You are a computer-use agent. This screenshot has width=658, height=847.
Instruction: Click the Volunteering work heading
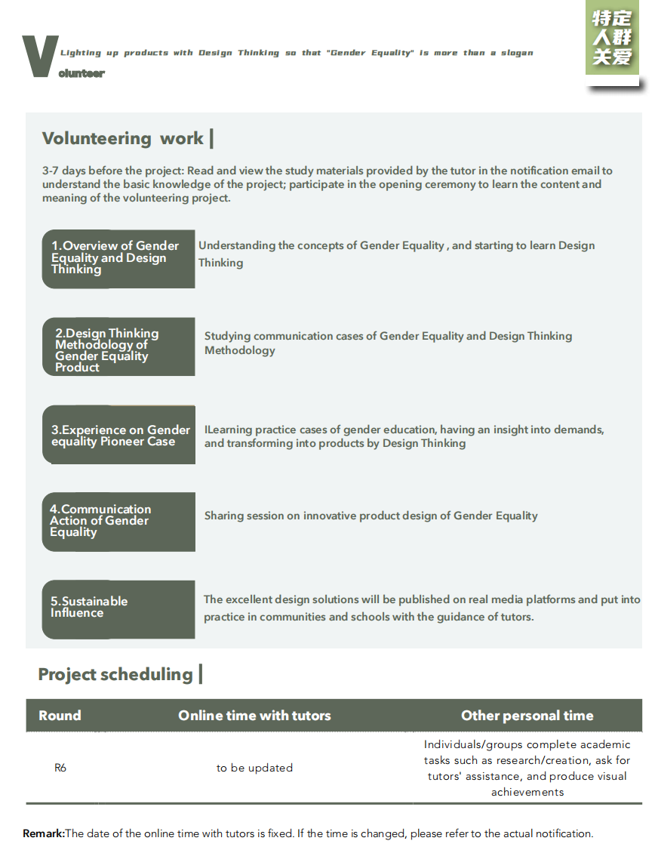(123, 138)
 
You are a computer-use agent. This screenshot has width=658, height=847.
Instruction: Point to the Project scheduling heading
(115, 674)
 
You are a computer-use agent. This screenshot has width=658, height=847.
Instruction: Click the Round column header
(60, 716)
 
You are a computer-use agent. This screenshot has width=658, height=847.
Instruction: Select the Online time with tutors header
(254, 716)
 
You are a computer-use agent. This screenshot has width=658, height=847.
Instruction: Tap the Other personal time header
(527, 716)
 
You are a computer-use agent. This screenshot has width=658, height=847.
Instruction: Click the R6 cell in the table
(60, 768)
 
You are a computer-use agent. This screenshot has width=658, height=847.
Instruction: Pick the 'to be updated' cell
(254, 768)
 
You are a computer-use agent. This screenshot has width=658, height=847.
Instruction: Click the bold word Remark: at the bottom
(44, 833)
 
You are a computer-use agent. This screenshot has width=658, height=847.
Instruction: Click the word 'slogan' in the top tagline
(517, 53)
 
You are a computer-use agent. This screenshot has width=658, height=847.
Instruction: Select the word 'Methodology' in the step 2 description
(240, 350)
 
